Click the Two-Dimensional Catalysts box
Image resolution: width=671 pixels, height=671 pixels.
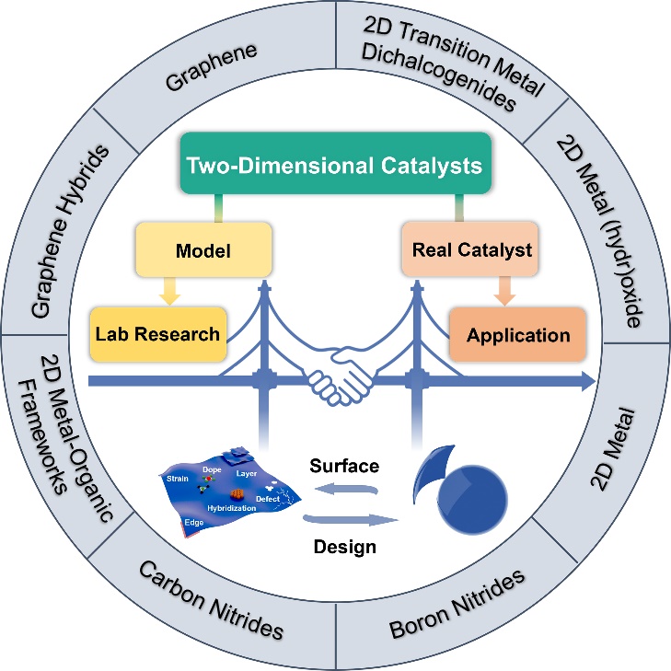point(336,168)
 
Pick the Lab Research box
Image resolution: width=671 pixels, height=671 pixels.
point(156,333)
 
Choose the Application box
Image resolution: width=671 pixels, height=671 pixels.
point(517,333)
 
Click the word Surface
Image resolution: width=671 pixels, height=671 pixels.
point(343,467)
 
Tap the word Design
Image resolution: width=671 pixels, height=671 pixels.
point(344,547)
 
